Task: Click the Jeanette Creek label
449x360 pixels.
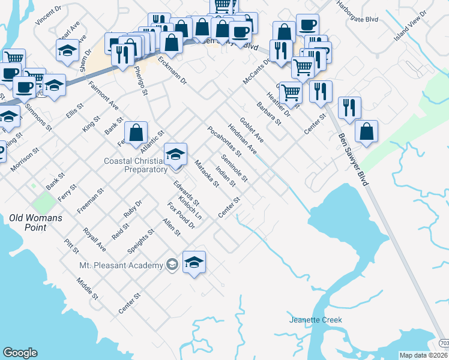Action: [x=315, y=320]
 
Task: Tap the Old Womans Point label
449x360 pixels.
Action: [x=36, y=218]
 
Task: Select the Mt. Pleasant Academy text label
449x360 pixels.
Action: [x=121, y=265]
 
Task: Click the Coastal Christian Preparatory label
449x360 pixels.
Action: [x=135, y=165]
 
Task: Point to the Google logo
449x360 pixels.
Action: [x=20, y=353]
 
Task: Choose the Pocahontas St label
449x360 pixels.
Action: [x=224, y=140]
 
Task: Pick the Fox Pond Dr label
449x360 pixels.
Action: [x=181, y=216]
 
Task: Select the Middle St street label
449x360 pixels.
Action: [x=87, y=289]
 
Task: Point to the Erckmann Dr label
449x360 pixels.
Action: [x=172, y=70]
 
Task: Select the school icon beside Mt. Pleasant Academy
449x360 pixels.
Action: [x=194, y=262]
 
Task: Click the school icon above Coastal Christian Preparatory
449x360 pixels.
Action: [x=175, y=154]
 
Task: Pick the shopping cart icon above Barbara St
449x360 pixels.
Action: [x=291, y=92]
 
